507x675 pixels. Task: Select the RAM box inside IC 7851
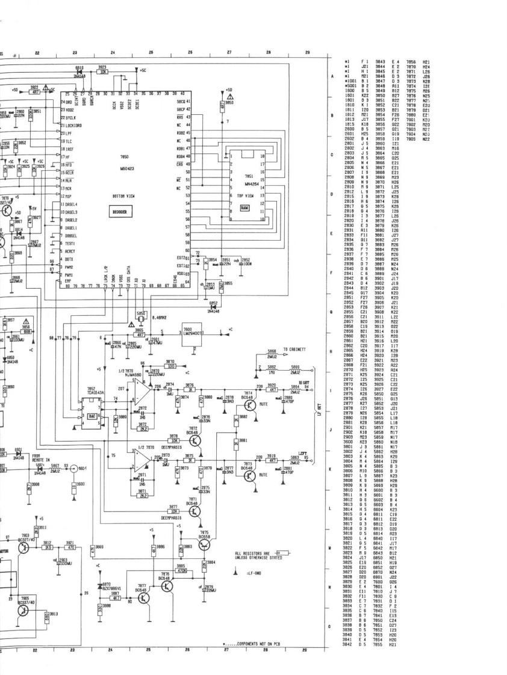[x=245, y=207]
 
